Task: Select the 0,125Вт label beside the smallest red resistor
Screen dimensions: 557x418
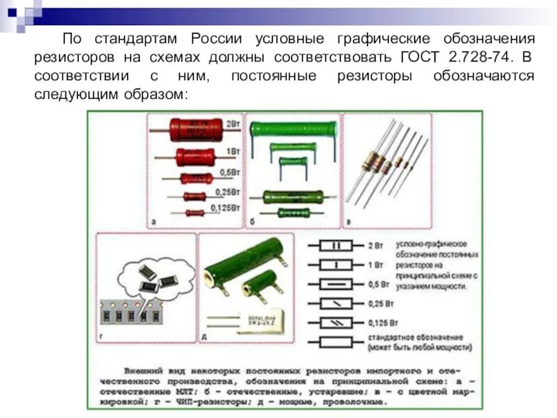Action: point(227,208)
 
